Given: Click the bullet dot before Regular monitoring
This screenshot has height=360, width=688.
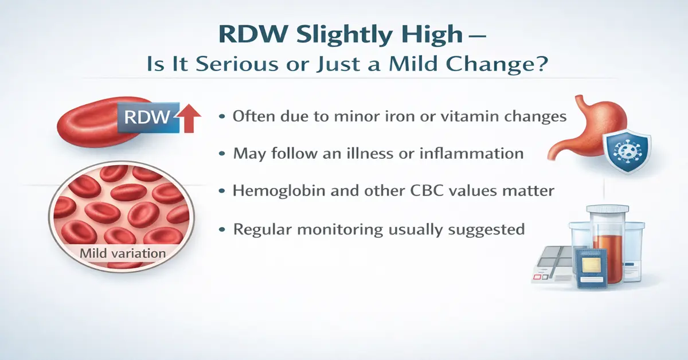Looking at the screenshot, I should click(x=222, y=230).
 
